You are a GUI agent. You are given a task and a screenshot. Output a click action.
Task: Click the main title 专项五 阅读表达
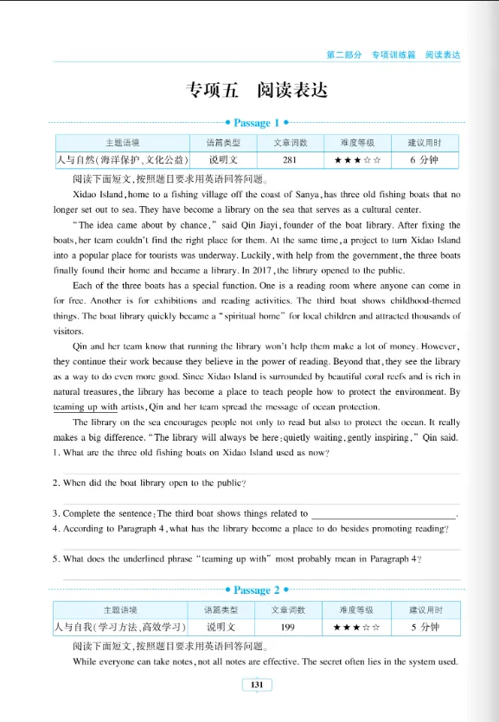257,89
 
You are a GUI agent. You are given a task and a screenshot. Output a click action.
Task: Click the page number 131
256,685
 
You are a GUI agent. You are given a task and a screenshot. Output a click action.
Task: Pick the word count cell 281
291,160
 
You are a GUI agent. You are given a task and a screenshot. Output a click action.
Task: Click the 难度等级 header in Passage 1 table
357,142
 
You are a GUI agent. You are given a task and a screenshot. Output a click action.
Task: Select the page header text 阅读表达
442,55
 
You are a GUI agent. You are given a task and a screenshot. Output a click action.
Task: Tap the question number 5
56,558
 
